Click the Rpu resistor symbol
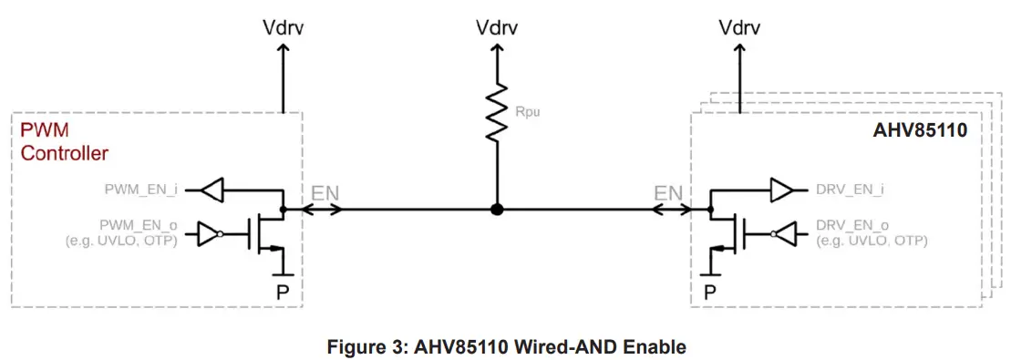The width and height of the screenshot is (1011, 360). coord(496,114)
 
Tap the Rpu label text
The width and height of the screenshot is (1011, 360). coord(527,114)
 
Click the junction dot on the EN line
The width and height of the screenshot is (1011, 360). coord(496,209)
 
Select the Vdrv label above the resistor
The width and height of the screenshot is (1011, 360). coord(496,26)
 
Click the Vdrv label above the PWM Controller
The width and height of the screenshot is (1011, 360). coord(283,26)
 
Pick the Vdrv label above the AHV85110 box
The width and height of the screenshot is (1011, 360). coord(739,26)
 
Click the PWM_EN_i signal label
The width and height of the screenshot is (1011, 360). coord(139,190)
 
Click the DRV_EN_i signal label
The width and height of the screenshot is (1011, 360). coord(851,191)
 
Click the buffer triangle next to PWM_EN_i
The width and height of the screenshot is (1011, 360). coord(211,190)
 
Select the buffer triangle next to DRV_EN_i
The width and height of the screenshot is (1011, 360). coord(782,191)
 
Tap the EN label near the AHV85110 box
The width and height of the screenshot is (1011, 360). coord(668,192)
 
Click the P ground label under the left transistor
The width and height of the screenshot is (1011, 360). coord(282,291)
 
